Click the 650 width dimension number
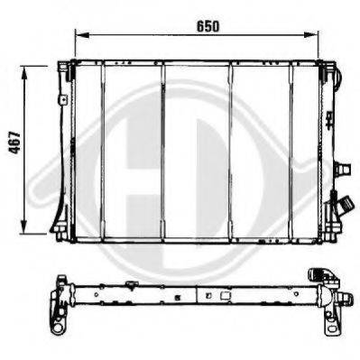click(x=208, y=27)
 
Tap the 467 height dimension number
click(x=14, y=143)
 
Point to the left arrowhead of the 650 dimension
click(x=82, y=35)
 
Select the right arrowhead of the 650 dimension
click(x=311, y=35)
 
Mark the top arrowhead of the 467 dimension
click(x=24, y=73)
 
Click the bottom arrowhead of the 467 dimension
click(x=24, y=226)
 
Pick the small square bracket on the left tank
click(x=63, y=99)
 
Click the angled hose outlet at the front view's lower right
click(x=344, y=206)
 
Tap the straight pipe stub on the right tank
click(x=343, y=169)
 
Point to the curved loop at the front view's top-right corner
click(x=337, y=77)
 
